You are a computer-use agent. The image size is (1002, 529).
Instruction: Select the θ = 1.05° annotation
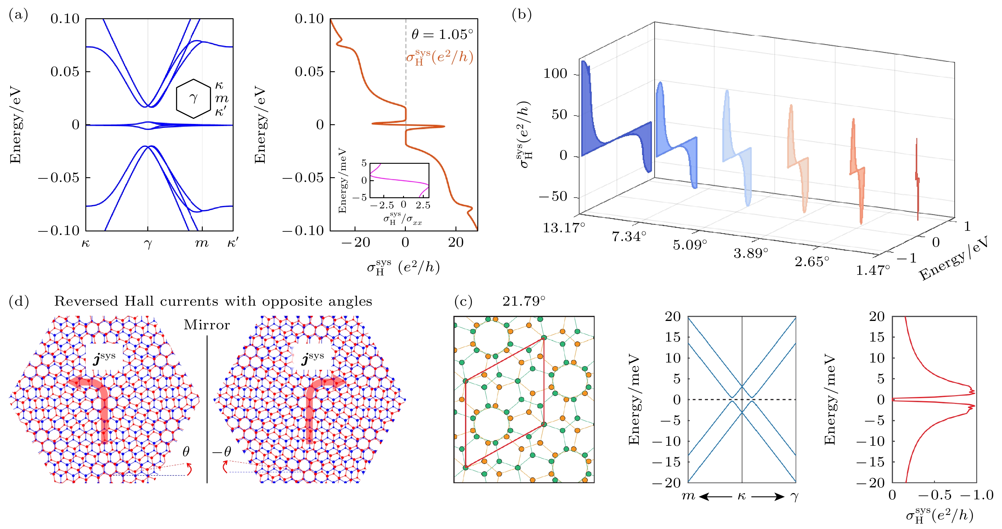pos(442,35)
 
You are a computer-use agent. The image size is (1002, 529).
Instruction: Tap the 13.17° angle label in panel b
pos(564,228)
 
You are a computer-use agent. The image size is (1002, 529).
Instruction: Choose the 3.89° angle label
pos(751,253)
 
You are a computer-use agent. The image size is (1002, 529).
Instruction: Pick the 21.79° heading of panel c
pos(523,301)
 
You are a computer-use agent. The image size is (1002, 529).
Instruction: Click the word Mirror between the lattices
pos(207,325)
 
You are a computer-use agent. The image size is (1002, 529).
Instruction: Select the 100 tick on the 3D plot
pos(555,74)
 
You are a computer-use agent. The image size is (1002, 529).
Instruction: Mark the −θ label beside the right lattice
pos(222,451)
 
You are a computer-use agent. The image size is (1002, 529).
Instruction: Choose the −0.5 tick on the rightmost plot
pos(935,495)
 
